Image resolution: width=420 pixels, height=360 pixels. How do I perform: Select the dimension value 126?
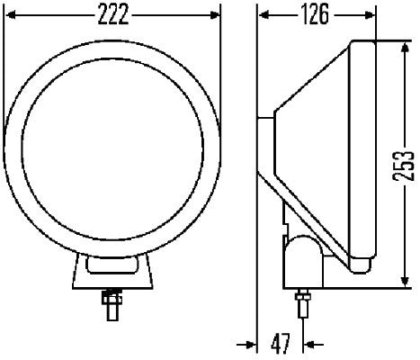[x=314, y=14]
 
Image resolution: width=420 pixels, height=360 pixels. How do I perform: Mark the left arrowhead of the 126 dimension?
[x=262, y=14]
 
